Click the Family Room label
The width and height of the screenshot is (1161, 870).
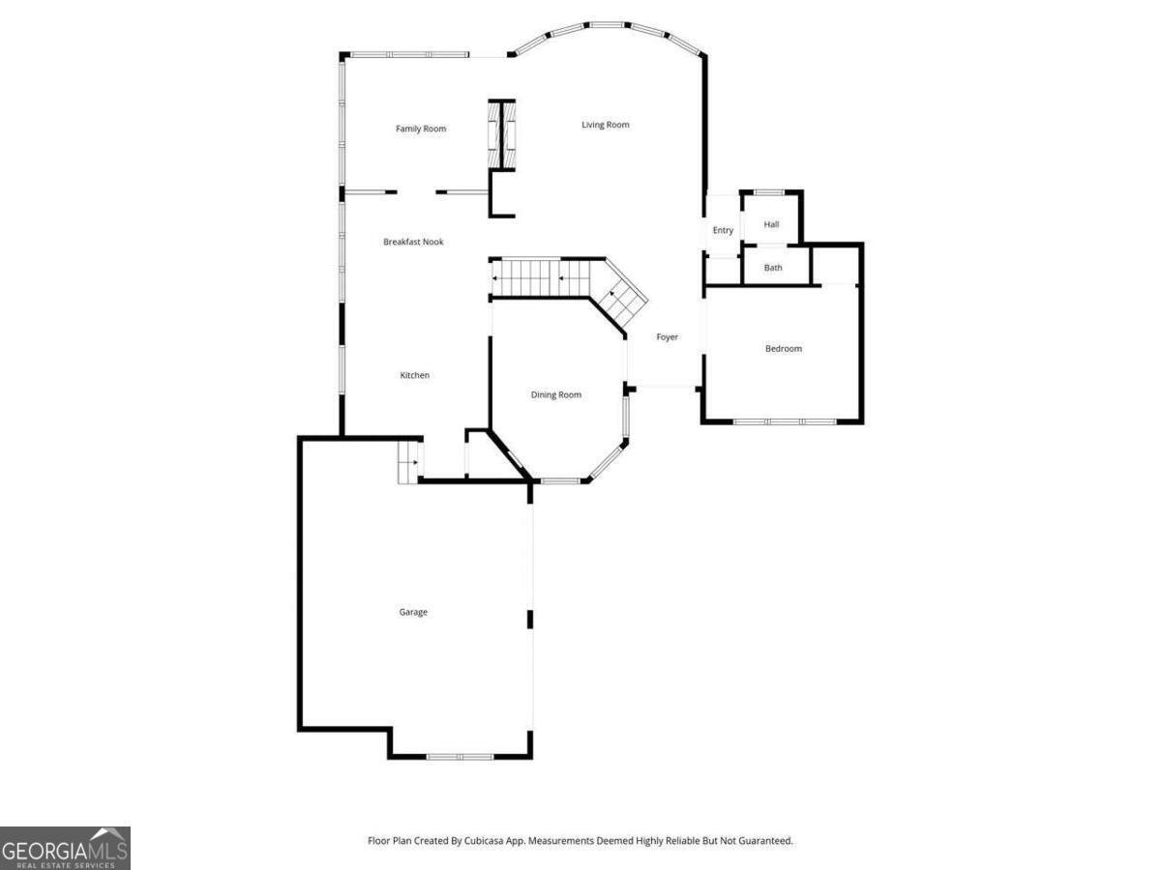(421, 129)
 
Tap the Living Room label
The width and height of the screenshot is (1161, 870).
(606, 125)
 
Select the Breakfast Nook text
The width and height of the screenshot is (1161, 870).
(413, 242)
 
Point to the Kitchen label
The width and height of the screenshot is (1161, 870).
(415, 375)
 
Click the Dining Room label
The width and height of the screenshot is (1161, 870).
(556, 394)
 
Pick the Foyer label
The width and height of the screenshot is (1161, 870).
(668, 337)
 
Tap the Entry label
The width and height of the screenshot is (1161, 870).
(723, 230)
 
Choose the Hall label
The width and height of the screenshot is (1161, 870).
(771, 224)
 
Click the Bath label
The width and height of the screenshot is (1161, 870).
(773, 268)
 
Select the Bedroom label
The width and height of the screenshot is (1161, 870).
(784, 349)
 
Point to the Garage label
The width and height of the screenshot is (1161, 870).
(413, 612)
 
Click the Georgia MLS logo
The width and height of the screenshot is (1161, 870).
(65, 848)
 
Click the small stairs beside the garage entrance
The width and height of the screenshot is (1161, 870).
(408, 462)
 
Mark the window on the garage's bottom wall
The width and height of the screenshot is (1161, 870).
(460, 756)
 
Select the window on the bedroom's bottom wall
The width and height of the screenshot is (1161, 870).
(784, 421)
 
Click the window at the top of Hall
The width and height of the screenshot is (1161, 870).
(769, 192)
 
